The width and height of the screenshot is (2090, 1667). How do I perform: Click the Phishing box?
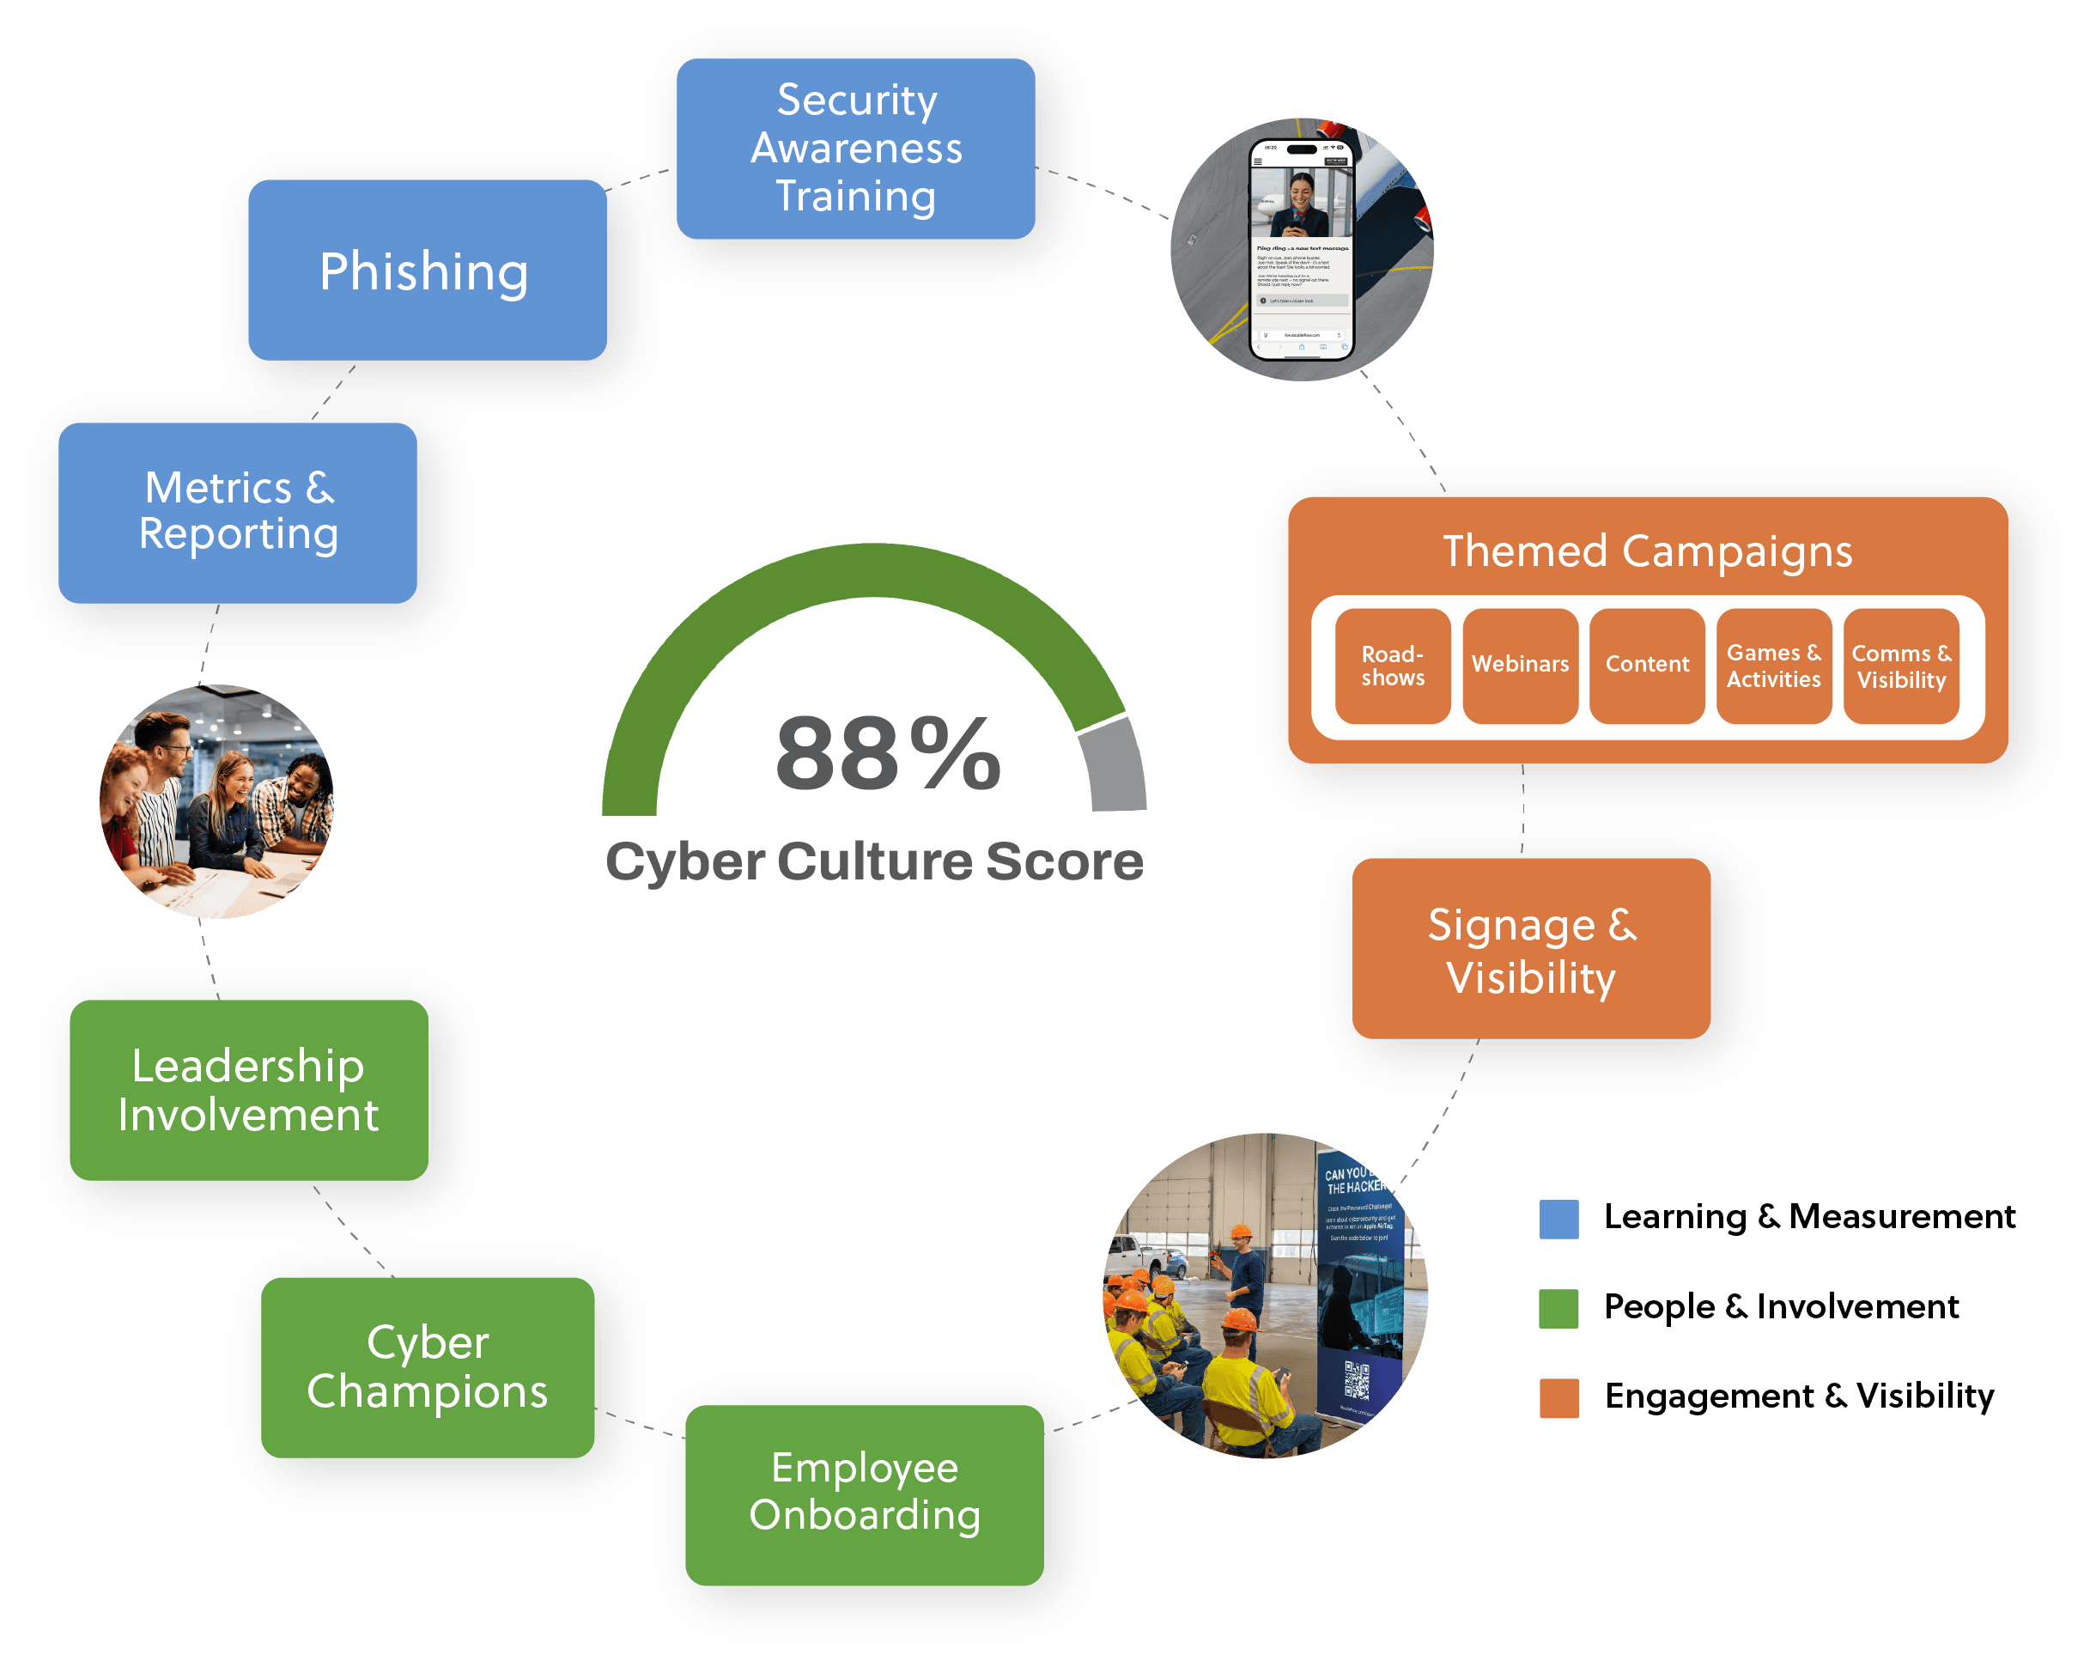pos(427,271)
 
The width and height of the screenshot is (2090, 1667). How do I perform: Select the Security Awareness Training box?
pos(855,149)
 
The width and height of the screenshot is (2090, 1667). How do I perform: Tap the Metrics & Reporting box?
pos(238,512)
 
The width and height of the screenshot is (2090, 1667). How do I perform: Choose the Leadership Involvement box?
pos(248,1090)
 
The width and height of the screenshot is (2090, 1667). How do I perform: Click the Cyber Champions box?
pos(427,1366)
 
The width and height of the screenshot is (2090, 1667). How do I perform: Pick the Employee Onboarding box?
pos(864,1494)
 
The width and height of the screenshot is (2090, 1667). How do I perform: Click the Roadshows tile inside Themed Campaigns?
pos(1392,666)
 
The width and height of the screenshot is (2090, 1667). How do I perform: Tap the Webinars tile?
pos(1519,666)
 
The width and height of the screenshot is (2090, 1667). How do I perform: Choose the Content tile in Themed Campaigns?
pos(1646,666)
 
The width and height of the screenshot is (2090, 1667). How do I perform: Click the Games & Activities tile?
pos(1773,666)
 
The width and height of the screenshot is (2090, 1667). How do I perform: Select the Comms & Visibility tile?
pos(1900,666)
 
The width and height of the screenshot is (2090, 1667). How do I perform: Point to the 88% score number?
pos(887,753)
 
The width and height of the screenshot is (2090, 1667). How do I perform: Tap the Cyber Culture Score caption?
pos(873,862)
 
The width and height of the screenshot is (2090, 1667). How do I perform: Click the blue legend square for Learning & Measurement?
pos(1558,1219)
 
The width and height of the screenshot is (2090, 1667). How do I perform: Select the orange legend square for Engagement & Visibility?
pos(1558,1397)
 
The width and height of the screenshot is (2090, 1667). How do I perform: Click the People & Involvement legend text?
pos(1781,1307)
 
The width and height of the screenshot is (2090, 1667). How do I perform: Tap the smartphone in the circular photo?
pos(1301,250)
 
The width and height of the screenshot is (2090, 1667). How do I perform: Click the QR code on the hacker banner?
pos(1358,1381)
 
